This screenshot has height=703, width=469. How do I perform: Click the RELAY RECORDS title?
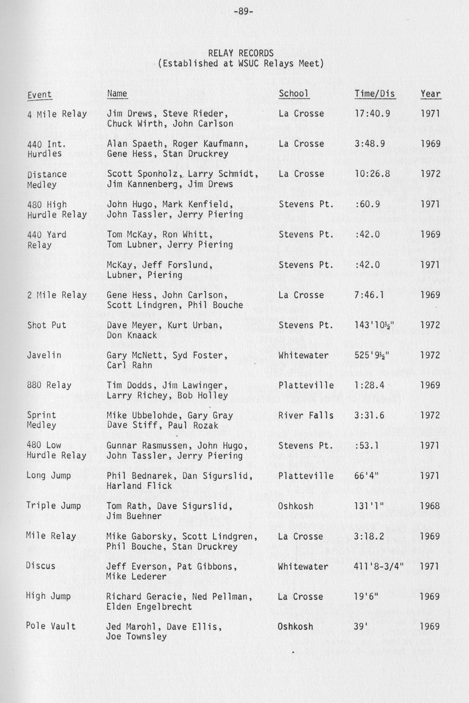[x=241, y=53]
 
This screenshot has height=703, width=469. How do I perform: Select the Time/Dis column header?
[x=375, y=94]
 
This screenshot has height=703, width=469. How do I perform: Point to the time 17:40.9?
[x=372, y=114]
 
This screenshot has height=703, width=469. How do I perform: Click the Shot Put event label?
[x=46, y=325]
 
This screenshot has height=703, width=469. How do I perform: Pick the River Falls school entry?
[x=306, y=415]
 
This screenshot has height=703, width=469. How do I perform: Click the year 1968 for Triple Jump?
[x=430, y=506]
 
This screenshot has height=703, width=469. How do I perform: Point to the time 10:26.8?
[x=372, y=174]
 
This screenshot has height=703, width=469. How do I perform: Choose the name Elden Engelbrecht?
[x=149, y=606]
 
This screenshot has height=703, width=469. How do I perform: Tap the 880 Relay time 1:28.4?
[x=369, y=385]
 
